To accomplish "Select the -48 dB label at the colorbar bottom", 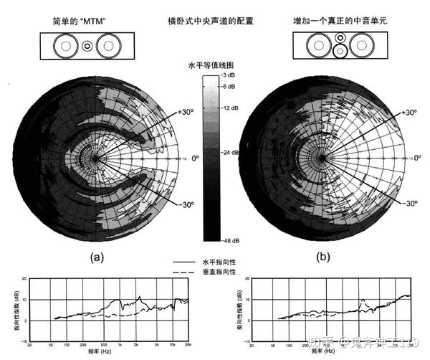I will click(231, 239).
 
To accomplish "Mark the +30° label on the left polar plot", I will click(186, 112).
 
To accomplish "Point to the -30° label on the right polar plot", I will click(409, 204).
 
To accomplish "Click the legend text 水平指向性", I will click(220, 262).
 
